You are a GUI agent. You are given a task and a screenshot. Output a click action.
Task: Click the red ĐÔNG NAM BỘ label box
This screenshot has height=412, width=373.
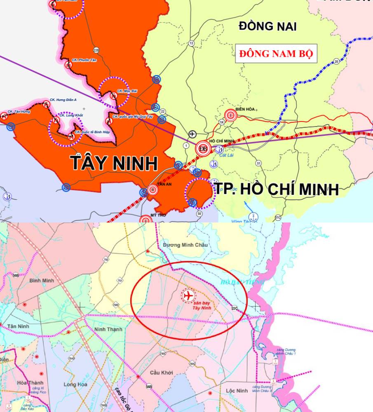[x=276, y=54]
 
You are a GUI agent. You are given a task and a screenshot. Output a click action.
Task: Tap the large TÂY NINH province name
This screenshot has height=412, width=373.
[x=114, y=163]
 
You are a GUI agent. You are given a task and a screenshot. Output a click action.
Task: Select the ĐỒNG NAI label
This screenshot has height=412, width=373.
[x=267, y=26]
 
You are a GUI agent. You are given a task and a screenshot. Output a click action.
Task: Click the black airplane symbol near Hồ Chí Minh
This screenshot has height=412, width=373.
[x=192, y=134]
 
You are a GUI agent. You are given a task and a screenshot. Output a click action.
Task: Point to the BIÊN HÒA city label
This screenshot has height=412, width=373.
[x=245, y=109]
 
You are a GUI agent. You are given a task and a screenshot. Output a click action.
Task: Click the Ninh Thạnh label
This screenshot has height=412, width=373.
[x=108, y=329]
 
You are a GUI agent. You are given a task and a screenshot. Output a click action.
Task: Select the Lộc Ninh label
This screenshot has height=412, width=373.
[x=237, y=390]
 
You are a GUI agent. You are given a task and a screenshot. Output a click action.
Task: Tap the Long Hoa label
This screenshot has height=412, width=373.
[x=75, y=384]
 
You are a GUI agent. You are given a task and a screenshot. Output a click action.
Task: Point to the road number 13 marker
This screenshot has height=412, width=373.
[x=191, y=43]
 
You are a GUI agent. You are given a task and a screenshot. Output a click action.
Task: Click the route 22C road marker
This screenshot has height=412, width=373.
[x=235, y=308]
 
